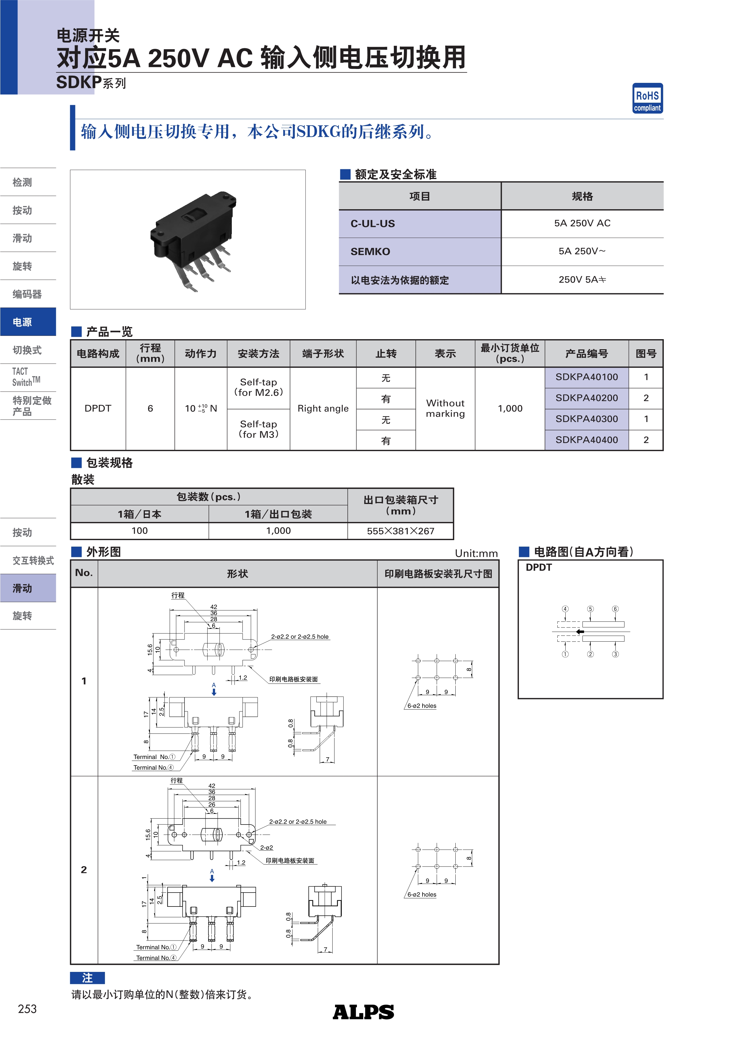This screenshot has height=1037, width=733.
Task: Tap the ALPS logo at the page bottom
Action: pos(363,1012)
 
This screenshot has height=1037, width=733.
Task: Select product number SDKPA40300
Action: pos(586,419)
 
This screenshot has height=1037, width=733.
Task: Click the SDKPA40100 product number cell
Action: pos(586,377)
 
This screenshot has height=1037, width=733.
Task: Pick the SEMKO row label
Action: pos(370,252)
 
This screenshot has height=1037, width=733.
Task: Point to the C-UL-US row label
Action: pos(373,223)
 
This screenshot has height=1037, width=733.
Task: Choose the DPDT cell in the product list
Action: pos(98,408)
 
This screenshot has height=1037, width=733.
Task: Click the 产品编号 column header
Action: pos(586,354)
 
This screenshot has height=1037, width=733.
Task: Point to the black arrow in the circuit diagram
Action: pos(580,632)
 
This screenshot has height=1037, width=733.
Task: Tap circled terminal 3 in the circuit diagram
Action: pos(615,654)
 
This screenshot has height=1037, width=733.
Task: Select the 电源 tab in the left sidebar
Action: pos(28,322)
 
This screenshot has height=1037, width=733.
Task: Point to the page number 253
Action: pos(27,1009)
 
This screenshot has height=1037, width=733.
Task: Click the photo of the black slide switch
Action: pos(193,239)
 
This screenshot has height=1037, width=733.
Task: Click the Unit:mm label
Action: pos(476,553)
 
